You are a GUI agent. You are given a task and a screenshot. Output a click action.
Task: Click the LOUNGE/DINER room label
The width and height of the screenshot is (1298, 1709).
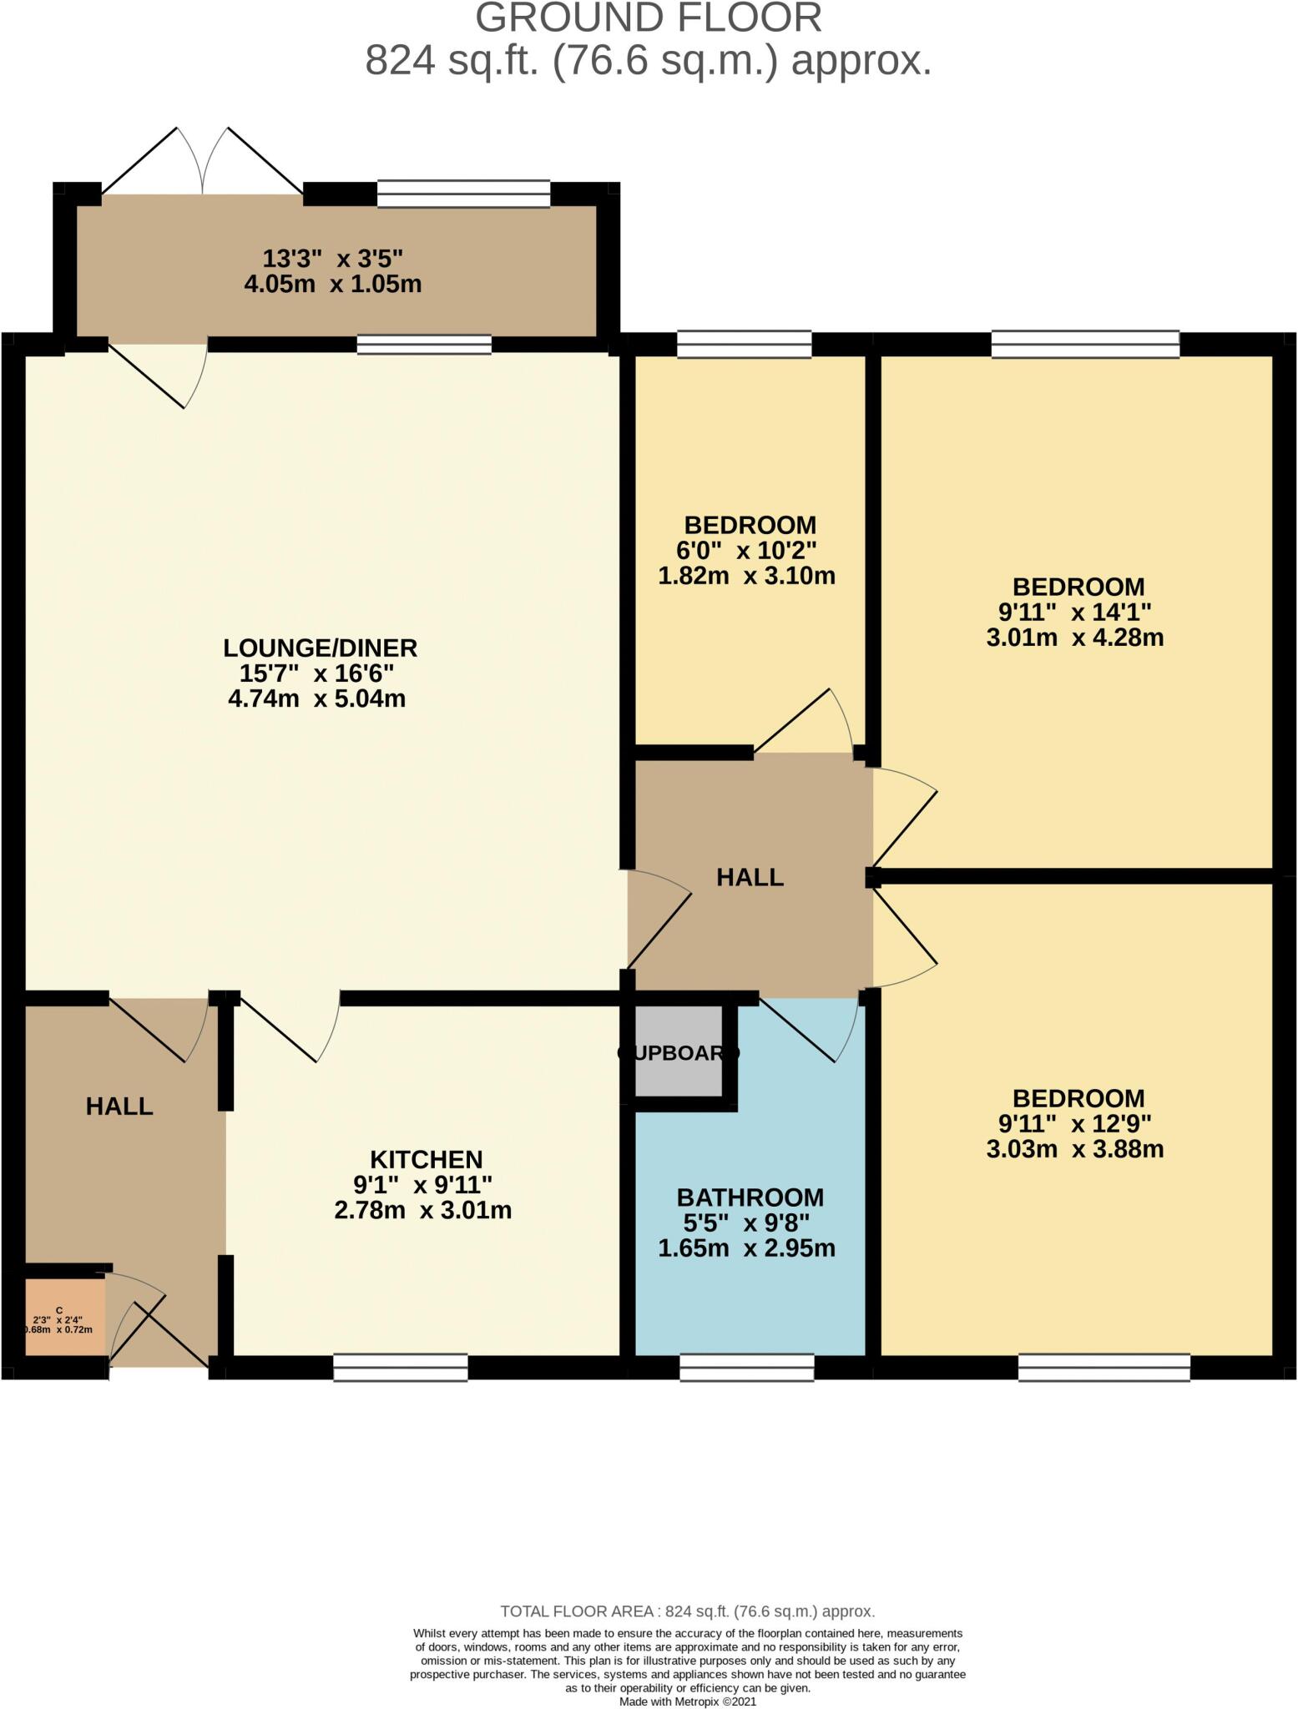coord(320,648)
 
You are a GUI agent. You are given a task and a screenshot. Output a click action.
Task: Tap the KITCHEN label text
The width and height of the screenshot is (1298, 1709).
coord(426,1159)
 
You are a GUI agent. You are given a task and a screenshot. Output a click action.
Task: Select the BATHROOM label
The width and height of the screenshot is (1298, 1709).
coord(750,1197)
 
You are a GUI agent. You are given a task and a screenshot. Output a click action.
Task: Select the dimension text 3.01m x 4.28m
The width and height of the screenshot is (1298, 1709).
coord(1075,638)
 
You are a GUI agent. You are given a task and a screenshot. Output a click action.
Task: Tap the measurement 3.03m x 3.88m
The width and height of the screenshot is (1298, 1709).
coord(1075,1149)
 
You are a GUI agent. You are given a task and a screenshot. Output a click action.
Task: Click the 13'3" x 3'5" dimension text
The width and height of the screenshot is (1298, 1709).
coord(333,259)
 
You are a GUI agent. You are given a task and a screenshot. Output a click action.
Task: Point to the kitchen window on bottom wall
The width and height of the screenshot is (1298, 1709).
coord(401,1367)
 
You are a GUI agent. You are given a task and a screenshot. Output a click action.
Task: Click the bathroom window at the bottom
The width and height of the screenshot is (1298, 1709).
coord(746,1367)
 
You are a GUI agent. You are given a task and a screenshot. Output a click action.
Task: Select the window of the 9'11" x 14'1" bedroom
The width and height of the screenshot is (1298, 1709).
coord(1085,344)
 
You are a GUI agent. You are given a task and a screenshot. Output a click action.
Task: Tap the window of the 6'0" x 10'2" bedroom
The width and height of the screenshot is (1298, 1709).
coord(744,344)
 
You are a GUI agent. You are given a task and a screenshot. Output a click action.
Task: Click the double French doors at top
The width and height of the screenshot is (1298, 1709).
coord(202,163)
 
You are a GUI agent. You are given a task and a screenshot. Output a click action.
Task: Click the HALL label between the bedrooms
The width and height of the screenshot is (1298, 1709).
coord(750,877)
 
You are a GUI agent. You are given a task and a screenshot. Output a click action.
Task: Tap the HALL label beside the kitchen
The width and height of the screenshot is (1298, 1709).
coord(119,1107)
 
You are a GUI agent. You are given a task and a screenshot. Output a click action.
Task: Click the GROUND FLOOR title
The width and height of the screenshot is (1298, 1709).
coord(649,18)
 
